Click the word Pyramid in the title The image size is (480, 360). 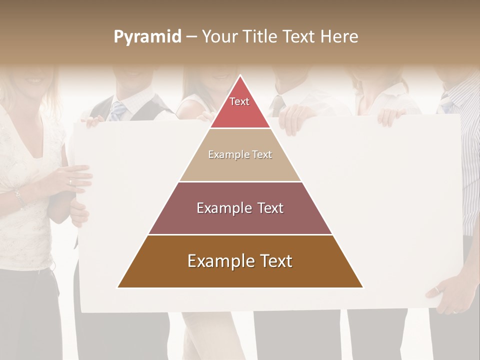[147, 37]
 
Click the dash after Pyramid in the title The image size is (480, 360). [191, 37]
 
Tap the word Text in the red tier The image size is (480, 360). [239, 101]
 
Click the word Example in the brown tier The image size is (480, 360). [219, 261]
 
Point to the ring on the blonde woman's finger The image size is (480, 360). [69, 181]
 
